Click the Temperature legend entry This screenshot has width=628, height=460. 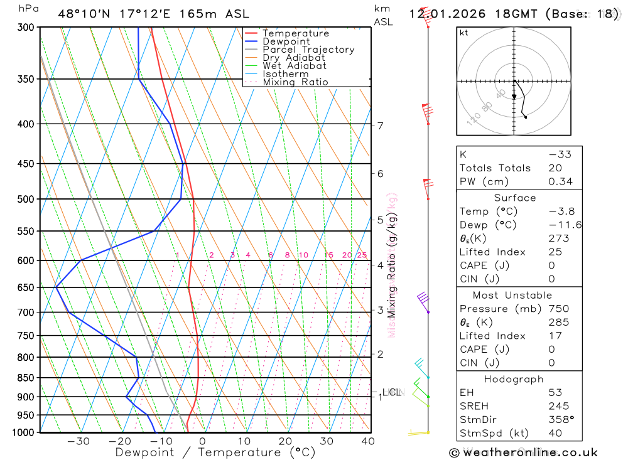295,33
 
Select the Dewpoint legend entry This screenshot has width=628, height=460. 286,41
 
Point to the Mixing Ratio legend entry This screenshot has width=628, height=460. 295,82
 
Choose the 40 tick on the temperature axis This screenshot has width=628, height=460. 368,441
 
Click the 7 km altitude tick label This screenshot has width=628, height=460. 381,126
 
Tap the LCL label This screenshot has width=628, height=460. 391,392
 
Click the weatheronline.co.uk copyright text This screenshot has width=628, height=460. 523,452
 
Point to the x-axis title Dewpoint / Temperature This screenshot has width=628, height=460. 215,452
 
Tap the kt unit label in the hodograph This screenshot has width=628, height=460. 464,33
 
